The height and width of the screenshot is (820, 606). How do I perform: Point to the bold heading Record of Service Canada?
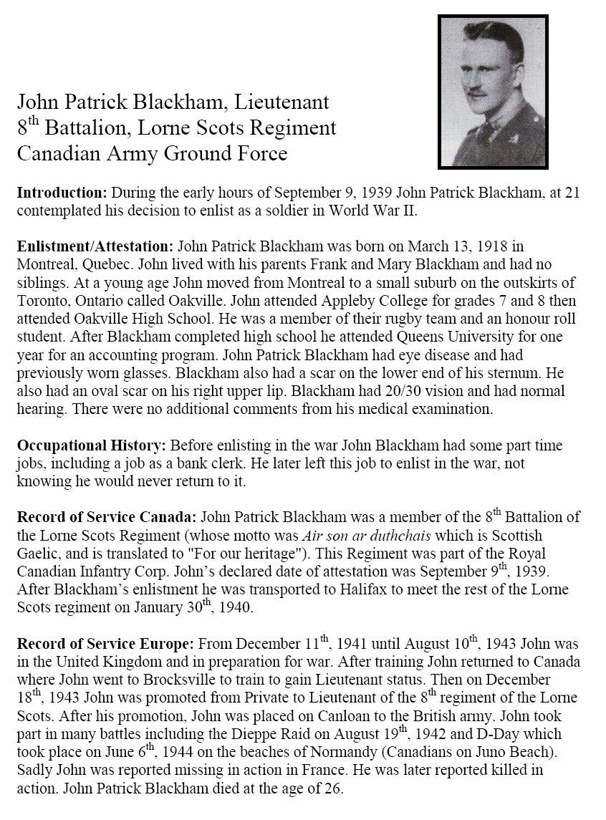point(107,516)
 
